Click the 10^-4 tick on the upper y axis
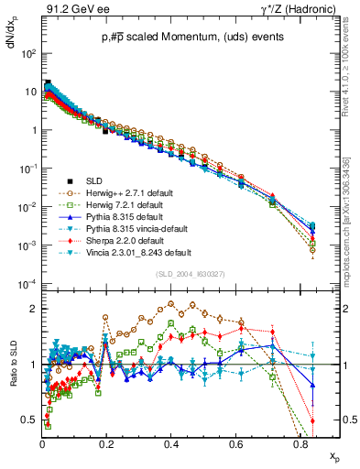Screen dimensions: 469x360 [x=27, y=285]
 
